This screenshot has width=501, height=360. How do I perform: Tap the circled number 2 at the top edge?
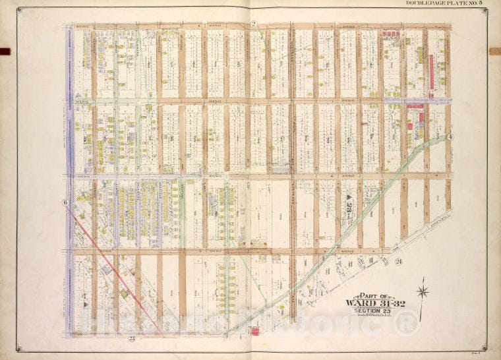[x=253, y=24]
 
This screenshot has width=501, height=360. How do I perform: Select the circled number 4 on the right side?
[x=451, y=136]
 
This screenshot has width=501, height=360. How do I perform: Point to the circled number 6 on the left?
[x=65, y=202]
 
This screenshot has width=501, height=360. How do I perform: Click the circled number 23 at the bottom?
[x=131, y=338]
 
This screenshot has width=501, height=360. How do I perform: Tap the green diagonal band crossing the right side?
[x=369, y=198]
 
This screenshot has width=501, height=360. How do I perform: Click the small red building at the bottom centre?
[x=254, y=330]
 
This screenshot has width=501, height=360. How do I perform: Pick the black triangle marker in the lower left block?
[x=84, y=305]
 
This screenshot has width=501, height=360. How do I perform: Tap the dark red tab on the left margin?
[x=5, y=51]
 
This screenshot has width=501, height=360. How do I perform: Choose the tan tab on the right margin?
[x=495, y=51]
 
